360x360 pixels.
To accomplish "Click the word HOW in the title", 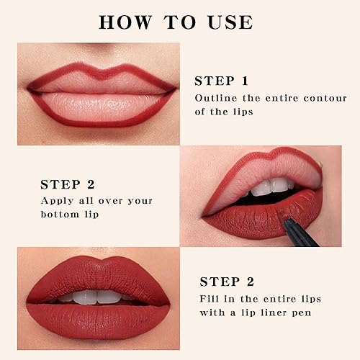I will tap(125, 22).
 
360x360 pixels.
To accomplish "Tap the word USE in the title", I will tap(228, 22).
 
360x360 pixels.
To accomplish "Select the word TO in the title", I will tap(177, 22).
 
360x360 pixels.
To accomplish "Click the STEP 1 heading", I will tap(230, 81).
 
